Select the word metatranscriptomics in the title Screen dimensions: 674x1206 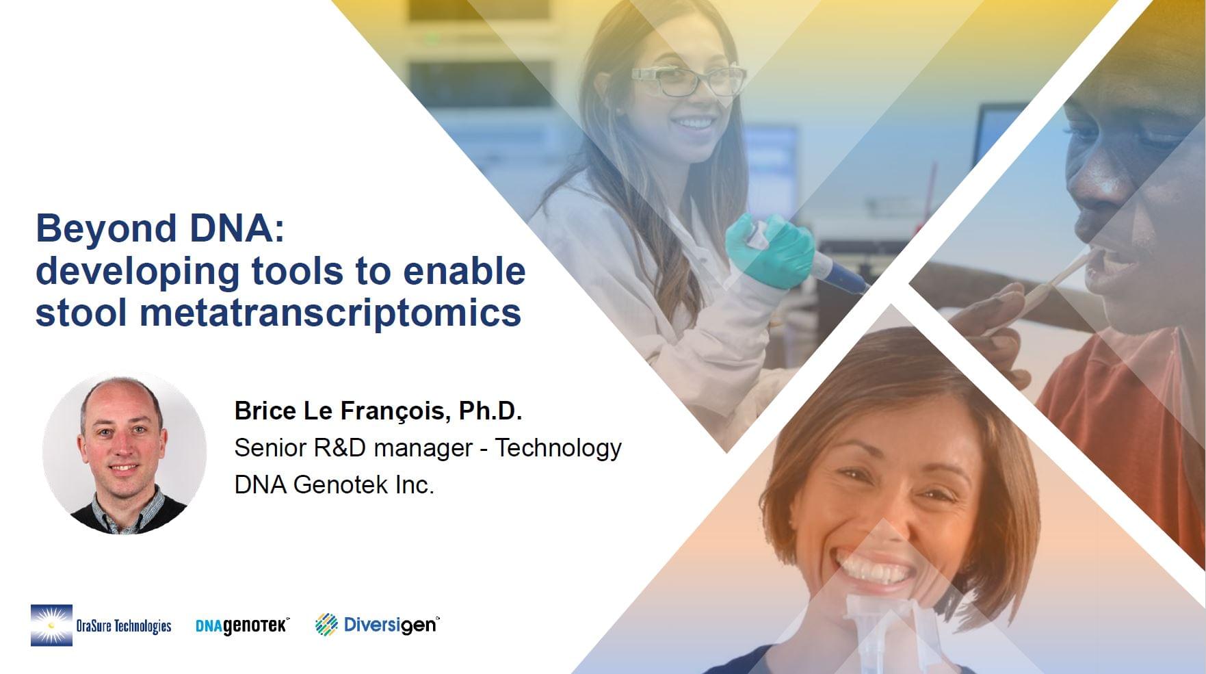330,313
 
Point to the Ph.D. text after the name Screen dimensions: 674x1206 490,411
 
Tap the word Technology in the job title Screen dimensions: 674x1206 558,448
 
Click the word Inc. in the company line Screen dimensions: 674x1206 415,484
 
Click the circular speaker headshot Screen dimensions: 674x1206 124,453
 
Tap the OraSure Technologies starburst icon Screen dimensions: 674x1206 51,625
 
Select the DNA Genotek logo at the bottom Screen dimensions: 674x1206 242,625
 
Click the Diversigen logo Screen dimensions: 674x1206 377,624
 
